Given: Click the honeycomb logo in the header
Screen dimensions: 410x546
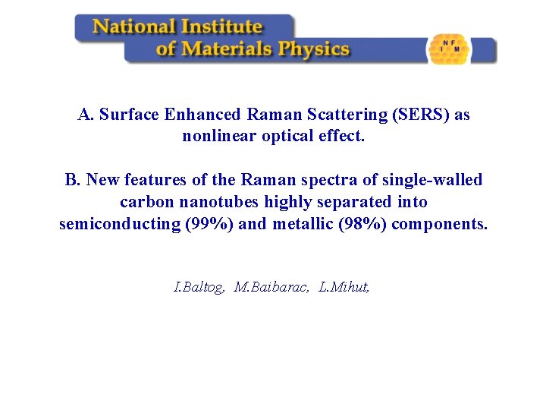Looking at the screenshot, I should click(449, 49).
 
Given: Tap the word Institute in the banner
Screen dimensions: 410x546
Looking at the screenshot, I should click(221, 27).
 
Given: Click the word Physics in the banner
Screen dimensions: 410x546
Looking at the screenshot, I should click(313, 50).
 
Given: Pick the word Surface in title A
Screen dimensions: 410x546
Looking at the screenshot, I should click(129, 115).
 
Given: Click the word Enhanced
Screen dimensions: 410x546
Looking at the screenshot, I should click(202, 115).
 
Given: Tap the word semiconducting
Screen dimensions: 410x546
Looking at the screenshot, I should click(120, 224).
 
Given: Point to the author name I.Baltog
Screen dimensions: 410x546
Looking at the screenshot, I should click(199, 287).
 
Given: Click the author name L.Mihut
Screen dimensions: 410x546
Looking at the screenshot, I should click(344, 287).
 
